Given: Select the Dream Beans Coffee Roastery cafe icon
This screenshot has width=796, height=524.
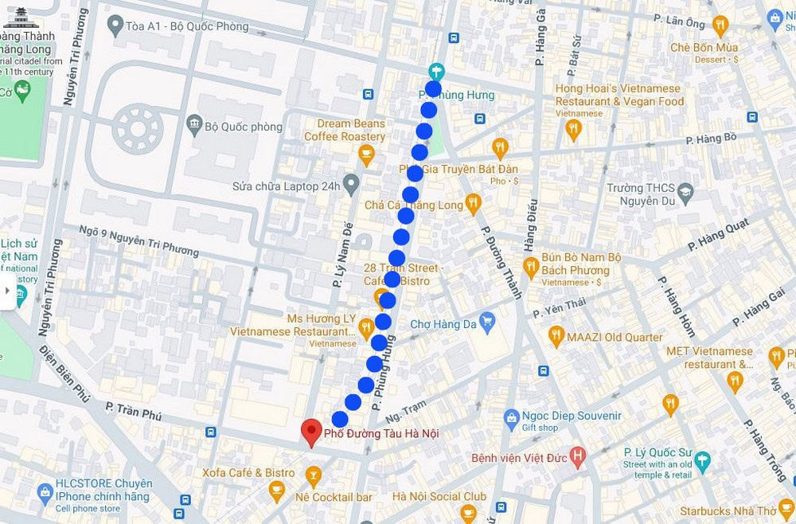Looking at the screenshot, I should pyautogui.click(x=366, y=154).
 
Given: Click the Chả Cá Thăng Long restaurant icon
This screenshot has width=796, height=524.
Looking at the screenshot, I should pyautogui.click(x=474, y=204).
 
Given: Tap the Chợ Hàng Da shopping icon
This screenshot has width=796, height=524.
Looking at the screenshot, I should pyautogui.click(x=487, y=323).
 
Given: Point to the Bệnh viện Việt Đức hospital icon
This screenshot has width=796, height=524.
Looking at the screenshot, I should pyautogui.click(x=578, y=457).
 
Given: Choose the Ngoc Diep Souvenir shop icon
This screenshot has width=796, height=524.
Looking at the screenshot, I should pyautogui.click(x=512, y=417).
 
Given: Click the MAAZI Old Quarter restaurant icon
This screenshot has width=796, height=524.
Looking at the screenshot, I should pyautogui.click(x=556, y=336).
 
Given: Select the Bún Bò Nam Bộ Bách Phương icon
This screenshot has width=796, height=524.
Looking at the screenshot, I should pyautogui.click(x=531, y=266).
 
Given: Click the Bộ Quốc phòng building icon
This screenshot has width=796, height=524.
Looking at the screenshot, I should pyautogui.click(x=193, y=125).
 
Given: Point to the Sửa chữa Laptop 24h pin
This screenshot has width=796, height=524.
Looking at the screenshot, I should pyautogui.click(x=351, y=184).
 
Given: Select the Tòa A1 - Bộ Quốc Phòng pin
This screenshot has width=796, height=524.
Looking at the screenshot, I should pyautogui.click(x=115, y=25).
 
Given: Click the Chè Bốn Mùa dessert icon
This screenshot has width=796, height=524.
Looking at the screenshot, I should pyautogui.click(x=720, y=25).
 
